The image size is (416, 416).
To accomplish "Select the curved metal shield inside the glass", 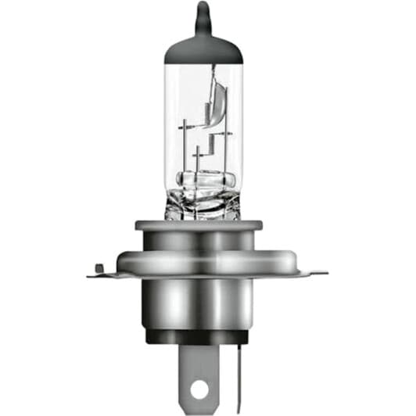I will pyautogui.click(x=218, y=98).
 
